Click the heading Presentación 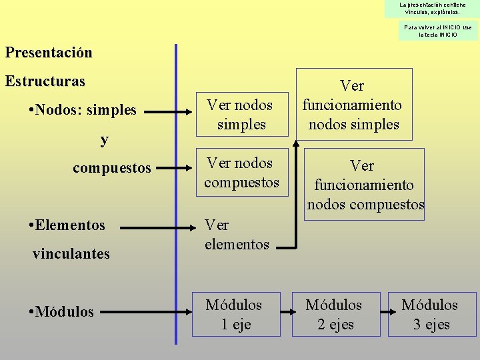pos(49,52)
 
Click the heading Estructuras pos(45,81)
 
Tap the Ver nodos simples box pos(240,114)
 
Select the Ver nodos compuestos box pos(241,173)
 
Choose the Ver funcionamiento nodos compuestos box pos(365,185)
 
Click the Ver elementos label pos(237,234)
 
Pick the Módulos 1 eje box pos(233,314)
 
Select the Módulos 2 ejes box pos(333,314)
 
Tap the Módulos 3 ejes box pos(429,314)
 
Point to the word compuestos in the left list pos(112,167)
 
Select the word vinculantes pos(71,253)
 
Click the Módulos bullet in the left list pos(61,311)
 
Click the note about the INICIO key pos(438,31)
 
